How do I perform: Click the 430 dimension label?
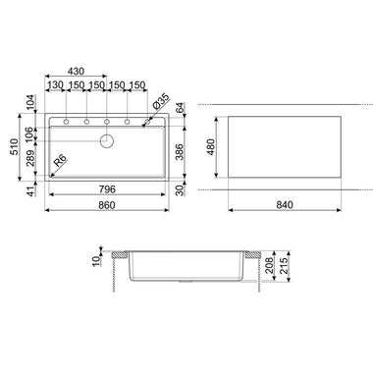76,71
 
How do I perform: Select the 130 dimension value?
55,85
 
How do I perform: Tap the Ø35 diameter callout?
161,101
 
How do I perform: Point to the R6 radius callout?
60,161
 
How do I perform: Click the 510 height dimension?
14,147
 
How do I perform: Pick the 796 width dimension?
107,188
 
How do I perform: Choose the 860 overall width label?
107,205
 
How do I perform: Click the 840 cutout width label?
285,205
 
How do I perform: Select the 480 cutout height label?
210,147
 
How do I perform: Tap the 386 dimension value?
181,152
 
